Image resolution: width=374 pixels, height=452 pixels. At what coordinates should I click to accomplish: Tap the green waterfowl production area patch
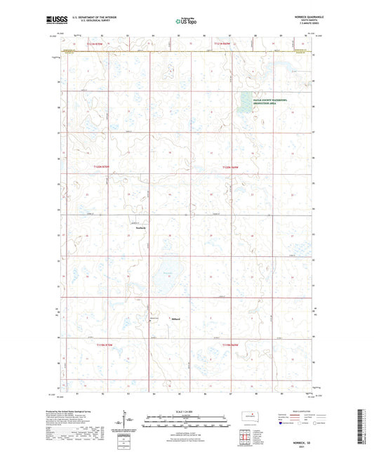tap(247, 98)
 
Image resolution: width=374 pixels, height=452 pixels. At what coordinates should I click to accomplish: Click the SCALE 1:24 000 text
tap(186, 411)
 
